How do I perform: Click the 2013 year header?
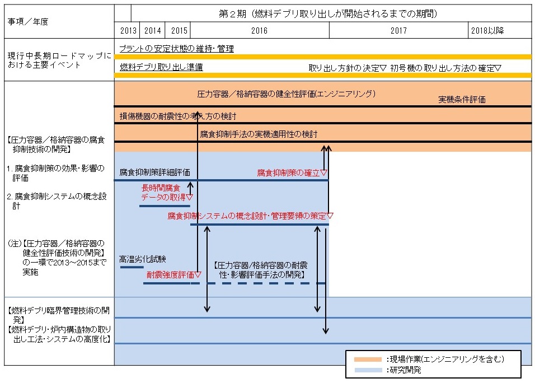128,31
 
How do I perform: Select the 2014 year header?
153,31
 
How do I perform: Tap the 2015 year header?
179,31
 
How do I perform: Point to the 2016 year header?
259,31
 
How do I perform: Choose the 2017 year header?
398,31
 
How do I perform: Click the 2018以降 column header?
487,31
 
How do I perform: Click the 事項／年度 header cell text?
28,21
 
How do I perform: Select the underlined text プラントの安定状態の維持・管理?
176,49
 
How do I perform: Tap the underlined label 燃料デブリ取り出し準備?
161,67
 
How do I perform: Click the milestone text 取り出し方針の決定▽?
348,68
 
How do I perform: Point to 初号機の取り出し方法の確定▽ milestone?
445,68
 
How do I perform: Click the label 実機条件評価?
462,99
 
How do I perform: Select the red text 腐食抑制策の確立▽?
292,172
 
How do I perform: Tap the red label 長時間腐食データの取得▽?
167,193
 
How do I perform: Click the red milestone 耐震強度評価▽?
173,274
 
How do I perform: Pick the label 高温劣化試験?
143,259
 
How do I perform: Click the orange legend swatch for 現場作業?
368,359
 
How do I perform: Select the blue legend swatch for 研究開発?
368,370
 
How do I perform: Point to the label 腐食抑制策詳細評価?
154,172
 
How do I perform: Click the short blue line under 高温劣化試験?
132,267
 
